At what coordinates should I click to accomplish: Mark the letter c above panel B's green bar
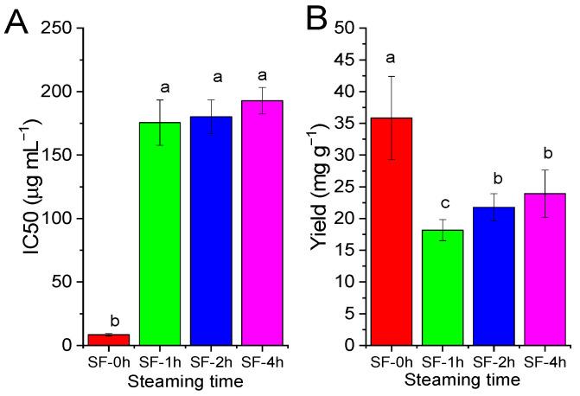443,204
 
